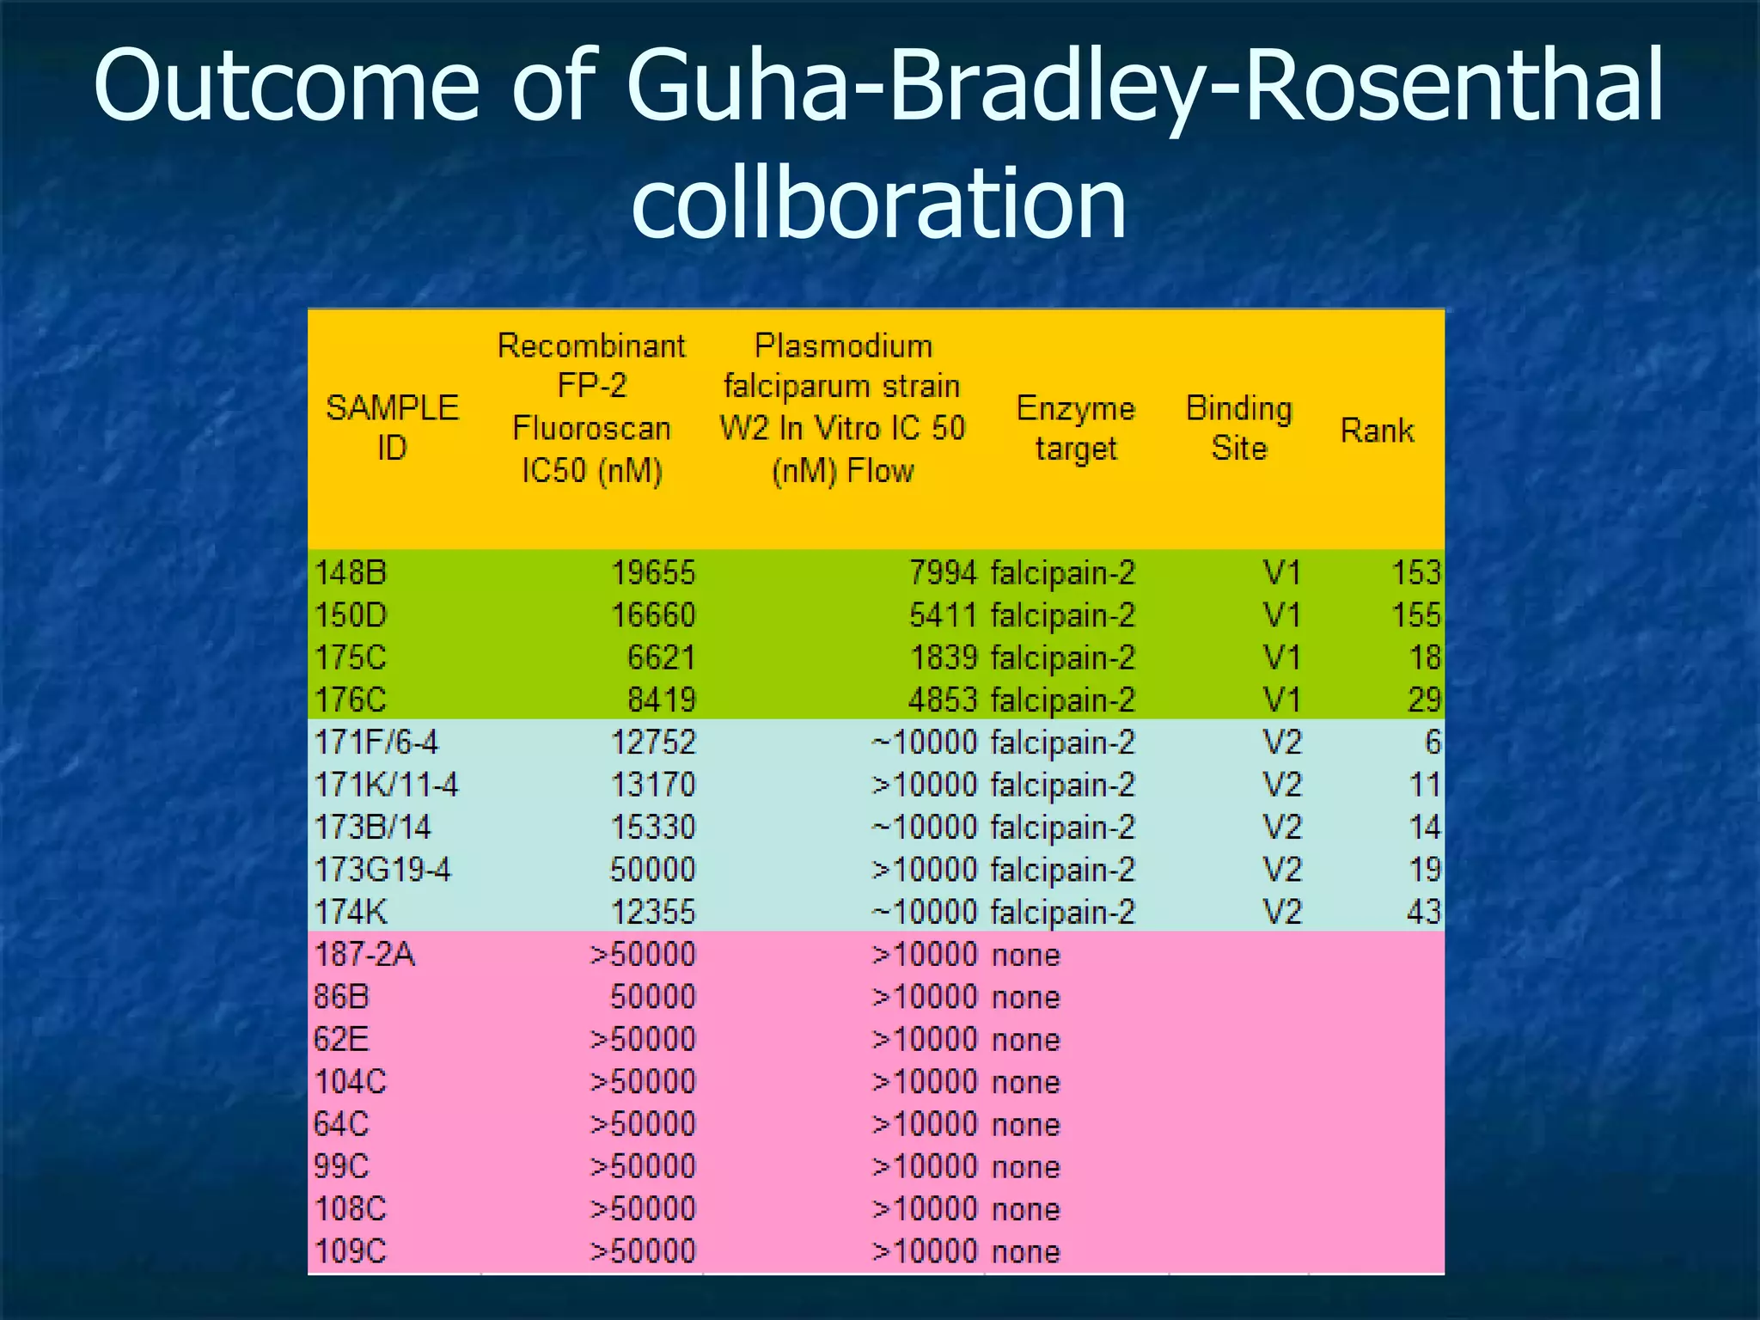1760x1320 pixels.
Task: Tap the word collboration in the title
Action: (878, 204)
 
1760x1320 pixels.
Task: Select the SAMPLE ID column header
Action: (392, 427)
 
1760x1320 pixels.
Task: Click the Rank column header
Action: (1377, 430)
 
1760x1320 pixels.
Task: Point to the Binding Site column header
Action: (1238, 427)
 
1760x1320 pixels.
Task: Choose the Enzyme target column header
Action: (1075, 427)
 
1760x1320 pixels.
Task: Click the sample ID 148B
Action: (351, 572)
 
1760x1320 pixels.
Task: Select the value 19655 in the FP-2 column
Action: (653, 572)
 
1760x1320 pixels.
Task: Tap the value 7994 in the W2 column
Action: (943, 572)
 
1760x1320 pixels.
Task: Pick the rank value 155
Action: (1415, 615)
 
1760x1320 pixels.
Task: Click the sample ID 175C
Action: (351, 657)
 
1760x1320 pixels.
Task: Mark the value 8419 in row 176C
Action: (661, 700)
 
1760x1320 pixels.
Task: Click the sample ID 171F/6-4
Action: (376, 742)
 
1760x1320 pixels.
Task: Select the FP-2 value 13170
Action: (653, 785)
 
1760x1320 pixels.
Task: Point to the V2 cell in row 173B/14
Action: (1282, 827)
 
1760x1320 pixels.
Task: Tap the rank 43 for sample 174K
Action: (1423, 912)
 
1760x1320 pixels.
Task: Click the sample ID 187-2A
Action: (364, 954)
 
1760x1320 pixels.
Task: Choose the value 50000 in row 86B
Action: (653, 997)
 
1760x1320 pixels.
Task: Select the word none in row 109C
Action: (1025, 1251)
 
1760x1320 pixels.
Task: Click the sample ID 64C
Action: (341, 1124)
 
